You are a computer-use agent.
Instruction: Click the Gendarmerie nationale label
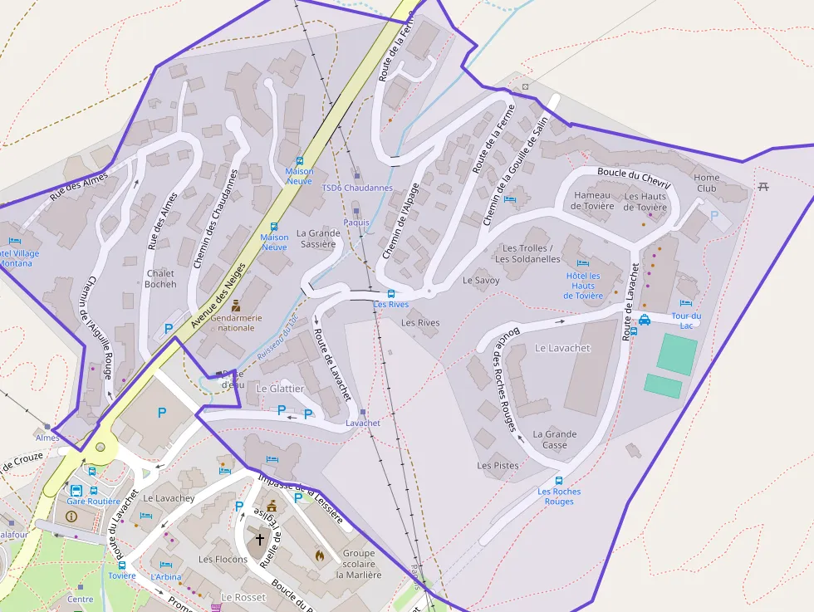(237, 322)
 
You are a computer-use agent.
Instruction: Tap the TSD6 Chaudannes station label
(357, 188)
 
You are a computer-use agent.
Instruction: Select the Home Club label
(706, 183)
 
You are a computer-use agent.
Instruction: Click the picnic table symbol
(763, 185)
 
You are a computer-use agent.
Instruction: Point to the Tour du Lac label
(686, 321)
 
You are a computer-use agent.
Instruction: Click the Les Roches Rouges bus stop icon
(558, 480)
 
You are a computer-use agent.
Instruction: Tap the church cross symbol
(259, 539)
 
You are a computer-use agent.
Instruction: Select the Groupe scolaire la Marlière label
(360, 564)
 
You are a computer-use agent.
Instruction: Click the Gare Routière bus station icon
(76, 490)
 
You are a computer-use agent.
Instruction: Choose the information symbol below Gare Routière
(71, 516)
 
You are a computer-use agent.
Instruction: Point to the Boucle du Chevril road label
(633, 176)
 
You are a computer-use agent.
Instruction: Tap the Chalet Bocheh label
(160, 278)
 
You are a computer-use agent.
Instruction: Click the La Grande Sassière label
(318, 238)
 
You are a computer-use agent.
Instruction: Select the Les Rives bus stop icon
(391, 293)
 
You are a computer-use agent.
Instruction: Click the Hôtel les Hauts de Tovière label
(583, 286)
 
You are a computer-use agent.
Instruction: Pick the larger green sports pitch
(677, 354)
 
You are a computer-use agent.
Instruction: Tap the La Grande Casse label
(555, 439)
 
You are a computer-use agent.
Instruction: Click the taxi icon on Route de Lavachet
(645, 320)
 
